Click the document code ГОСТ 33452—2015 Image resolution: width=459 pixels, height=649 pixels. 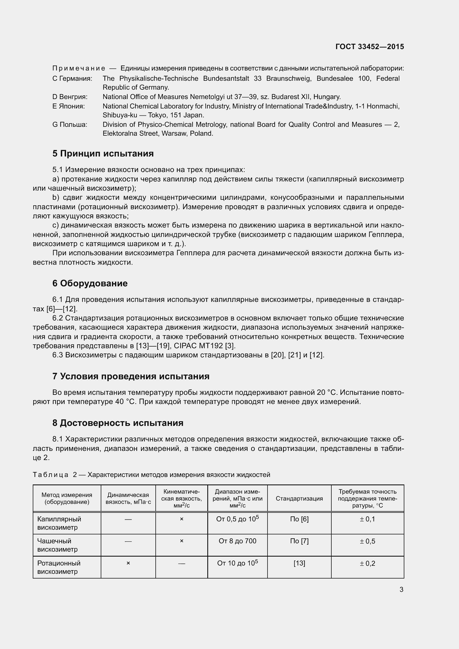tap(370, 47)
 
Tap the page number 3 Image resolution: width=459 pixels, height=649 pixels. tap(401, 589)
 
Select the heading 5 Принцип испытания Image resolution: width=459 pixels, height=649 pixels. tap(103, 153)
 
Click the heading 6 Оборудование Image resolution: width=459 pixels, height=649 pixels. tap(90, 283)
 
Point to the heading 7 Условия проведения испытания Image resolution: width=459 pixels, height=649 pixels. tap(131, 376)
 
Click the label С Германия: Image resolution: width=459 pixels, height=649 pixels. tap(72, 79)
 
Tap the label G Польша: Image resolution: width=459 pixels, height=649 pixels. tap(70, 125)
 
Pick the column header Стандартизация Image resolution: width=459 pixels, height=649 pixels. tap(299, 498)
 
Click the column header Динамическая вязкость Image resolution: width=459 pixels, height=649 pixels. tap(128, 498)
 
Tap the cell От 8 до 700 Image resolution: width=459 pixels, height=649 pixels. tap(238, 541)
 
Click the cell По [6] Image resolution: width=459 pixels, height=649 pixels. tap(299, 519)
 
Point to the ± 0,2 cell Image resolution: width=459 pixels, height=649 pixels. tap(367, 563)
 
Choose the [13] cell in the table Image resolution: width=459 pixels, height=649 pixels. tap(299, 563)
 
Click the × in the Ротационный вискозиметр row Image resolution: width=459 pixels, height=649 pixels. tap(128, 563)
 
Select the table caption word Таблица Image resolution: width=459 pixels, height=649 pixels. tap(50, 475)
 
